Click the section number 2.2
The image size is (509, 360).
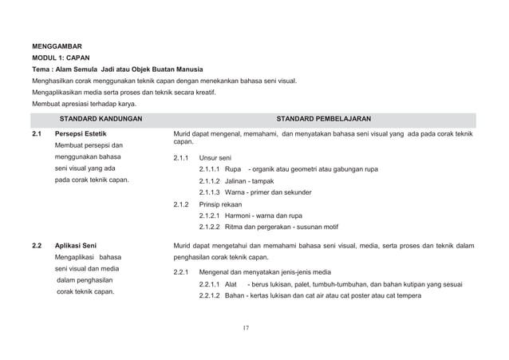click(x=37, y=244)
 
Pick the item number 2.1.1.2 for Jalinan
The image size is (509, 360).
click(x=210, y=181)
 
